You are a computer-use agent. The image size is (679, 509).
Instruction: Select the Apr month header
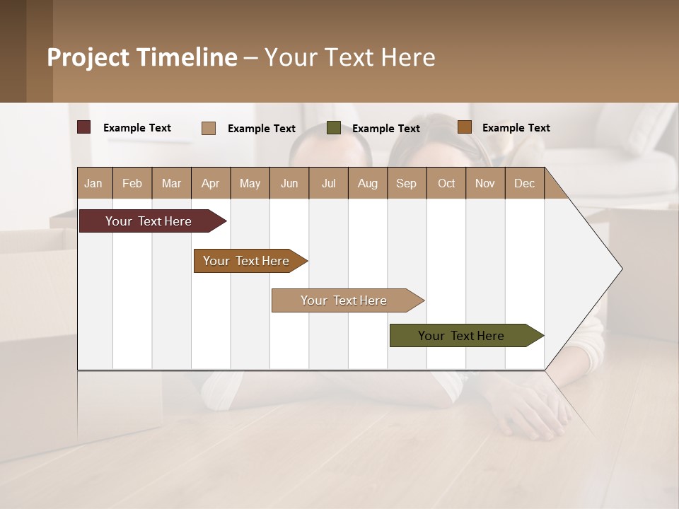(211, 183)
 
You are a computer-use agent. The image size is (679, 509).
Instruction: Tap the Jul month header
(328, 183)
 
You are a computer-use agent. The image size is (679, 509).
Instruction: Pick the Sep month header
(407, 183)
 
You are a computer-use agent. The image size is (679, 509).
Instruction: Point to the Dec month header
(524, 183)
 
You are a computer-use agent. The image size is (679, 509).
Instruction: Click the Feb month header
(132, 183)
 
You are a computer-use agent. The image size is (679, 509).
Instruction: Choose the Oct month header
(446, 183)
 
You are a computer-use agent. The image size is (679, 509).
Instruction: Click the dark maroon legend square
(83, 127)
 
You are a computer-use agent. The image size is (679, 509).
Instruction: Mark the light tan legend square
(209, 128)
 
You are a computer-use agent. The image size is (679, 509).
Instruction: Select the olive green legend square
(334, 128)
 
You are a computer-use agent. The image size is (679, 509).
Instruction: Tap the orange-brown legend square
(464, 127)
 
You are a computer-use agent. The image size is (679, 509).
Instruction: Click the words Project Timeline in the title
(142, 57)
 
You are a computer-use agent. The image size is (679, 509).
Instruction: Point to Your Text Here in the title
(350, 57)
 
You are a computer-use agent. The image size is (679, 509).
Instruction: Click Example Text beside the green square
(386, 129)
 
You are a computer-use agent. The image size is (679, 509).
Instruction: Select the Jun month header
(289, 183)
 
